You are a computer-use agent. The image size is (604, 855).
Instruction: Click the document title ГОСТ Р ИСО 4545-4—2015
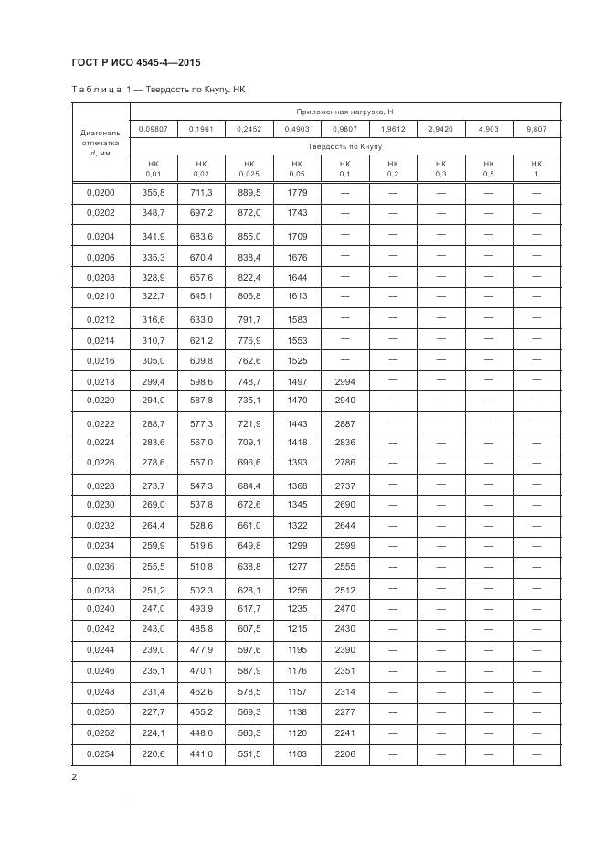tap(135, 63)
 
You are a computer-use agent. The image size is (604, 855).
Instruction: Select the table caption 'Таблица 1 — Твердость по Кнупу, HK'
tap(157, 90)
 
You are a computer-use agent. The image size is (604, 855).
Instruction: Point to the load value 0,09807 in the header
tap(153, 129)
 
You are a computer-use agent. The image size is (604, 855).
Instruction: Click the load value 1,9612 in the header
tap(393, 129)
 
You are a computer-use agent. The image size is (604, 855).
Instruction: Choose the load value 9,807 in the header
tap(536, 129)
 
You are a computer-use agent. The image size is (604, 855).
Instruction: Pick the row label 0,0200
tap(101, 193)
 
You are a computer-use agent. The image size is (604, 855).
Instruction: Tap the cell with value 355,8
tap(153, 193)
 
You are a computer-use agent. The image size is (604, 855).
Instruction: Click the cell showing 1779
tap(297, 193)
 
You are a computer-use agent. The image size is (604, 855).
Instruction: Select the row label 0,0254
tap(101, 753)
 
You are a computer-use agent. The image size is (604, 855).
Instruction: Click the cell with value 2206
tap(344, 753)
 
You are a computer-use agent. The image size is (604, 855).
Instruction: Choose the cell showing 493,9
tap(201, 609)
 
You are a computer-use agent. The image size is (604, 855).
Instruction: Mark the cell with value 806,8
tap(249, 297)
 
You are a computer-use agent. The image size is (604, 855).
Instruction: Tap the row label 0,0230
tap(101, 505)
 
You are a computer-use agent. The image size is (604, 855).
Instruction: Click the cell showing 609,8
tap(201, 360)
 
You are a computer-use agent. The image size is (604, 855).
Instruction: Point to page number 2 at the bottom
tap(74, 777)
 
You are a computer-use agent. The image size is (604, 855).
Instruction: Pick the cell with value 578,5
tap(249, 692)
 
